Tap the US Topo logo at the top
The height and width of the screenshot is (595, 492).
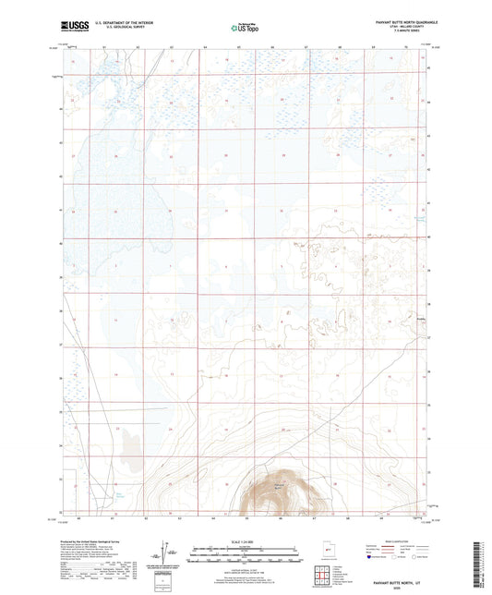click(244, 29)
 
